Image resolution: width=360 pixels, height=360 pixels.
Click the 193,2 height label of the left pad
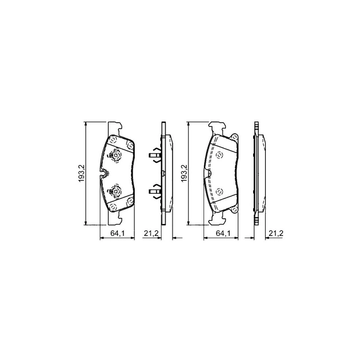click(82, 173)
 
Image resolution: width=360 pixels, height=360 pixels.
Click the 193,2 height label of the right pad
click(184, 173)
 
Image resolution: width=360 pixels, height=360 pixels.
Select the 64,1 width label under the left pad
click(117, 234)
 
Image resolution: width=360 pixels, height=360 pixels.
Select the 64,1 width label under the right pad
click(223, 234)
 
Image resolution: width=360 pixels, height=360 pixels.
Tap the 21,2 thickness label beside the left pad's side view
click(151, 234)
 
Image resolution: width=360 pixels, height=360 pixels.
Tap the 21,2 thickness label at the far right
click(276, 234)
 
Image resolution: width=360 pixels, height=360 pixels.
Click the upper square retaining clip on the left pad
click(115, 156)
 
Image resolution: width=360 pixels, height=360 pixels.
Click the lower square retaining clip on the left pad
click(115, 191)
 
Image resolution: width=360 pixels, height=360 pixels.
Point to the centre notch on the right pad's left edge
click(209, 173)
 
